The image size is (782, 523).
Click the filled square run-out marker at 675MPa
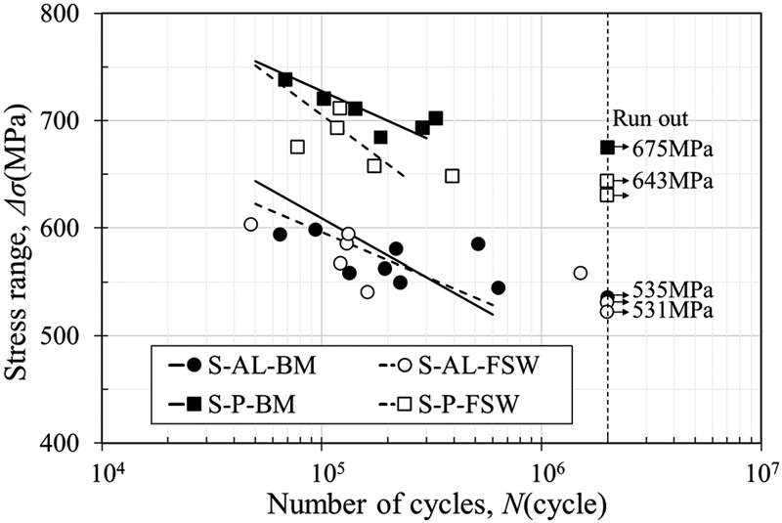[x=607, y=147]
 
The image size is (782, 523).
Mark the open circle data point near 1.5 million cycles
[x=580, y=273]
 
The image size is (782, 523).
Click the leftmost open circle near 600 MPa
[x=250, y=224]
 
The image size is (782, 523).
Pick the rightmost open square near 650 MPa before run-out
[x=452, y=176]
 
